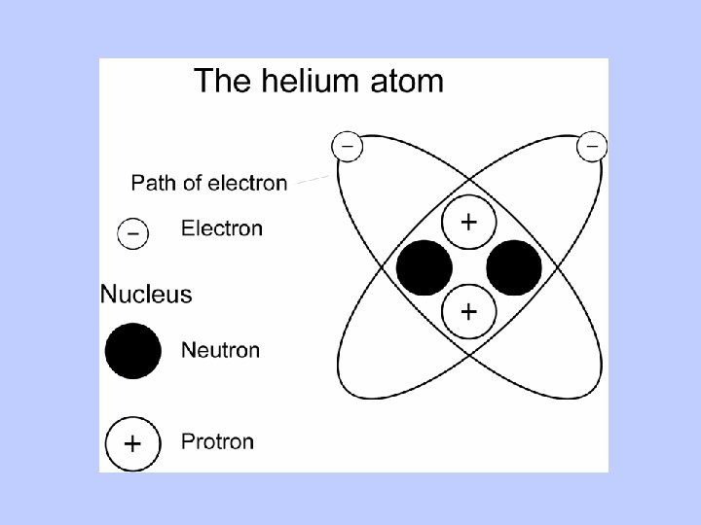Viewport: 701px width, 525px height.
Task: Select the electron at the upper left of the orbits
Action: tap(347, 146)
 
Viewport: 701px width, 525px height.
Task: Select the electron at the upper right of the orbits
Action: tap(592, 146)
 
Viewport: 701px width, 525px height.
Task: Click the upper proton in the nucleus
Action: tap(468, 223)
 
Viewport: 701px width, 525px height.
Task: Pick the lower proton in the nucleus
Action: tap(468, 311)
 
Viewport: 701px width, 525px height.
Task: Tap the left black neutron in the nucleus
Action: tap(424, 267)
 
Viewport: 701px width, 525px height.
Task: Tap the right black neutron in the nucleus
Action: tap(513, 267)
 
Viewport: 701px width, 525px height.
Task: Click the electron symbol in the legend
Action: tap(132, 233)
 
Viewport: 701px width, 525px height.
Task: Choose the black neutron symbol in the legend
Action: tap(133, 351)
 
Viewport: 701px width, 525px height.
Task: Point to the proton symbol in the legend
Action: tap(132, 444)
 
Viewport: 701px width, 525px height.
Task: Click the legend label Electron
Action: tap(222, 228)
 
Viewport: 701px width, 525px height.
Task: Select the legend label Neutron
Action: tap(220, 349)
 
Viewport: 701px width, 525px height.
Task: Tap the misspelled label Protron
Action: tap(217, 441)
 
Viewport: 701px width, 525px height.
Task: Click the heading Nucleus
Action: tap(146, 293)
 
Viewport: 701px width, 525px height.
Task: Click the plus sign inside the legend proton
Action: tap(132, 444)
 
